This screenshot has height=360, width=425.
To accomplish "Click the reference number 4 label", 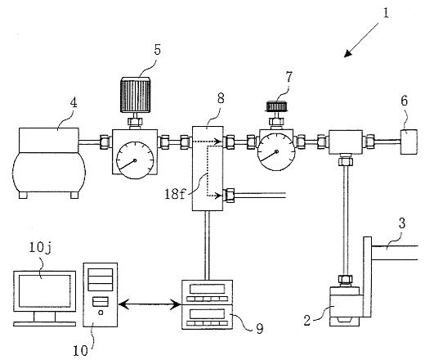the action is pos(74,103).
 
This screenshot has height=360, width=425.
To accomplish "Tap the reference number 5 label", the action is pos(157,49).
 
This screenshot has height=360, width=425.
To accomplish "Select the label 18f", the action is pos(175,194).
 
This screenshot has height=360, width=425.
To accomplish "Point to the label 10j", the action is pos(40,248).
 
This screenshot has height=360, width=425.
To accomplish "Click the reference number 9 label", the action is pos(260,328).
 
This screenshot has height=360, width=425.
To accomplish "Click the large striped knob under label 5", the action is pos(136,95).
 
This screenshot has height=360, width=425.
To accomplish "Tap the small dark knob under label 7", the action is pos(276,106).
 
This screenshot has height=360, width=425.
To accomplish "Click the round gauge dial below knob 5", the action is pos(135,160).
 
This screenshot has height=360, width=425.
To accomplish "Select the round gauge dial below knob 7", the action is pos(276,151).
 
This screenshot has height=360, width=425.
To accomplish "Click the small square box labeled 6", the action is pos(409,142).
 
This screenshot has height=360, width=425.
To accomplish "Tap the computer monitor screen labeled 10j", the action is pos(45,290).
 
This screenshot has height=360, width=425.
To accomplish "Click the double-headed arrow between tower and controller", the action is pos(150,304).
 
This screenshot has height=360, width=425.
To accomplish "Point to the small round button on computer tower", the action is pos(101,313).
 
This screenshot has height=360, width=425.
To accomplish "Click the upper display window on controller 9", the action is pos(208,289).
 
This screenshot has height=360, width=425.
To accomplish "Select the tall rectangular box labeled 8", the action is pos(208,169).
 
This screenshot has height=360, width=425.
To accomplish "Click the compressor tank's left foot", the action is pos(23,195).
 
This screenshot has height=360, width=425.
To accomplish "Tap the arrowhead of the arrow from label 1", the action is pos(347,54).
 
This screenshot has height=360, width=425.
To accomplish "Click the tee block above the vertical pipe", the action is pos(346,142).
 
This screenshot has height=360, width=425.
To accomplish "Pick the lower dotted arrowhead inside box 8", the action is pos(220,196).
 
